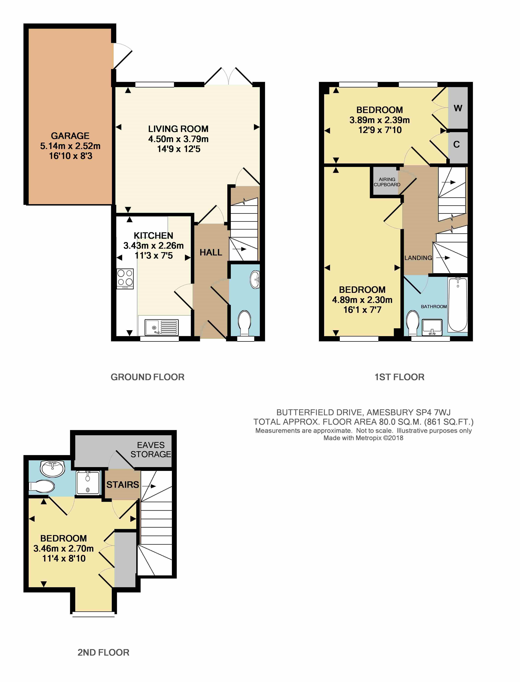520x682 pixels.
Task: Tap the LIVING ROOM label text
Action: [178, 129]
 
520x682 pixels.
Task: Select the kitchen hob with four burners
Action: [125, 279]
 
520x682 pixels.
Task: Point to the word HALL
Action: [211, 252]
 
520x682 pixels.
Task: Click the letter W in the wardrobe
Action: [458, 108]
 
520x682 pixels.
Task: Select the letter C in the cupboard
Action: [457, 144]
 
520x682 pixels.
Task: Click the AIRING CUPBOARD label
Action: [387, 182]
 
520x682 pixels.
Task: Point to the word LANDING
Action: [418, 258]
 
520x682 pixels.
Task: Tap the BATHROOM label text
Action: [434, 306]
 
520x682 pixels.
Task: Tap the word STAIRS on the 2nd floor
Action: [123, 484]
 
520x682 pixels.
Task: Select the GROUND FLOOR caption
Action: [148, 377]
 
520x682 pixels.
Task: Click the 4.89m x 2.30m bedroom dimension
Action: [362, 300]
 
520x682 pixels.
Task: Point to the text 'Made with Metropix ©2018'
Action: [363, 438]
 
